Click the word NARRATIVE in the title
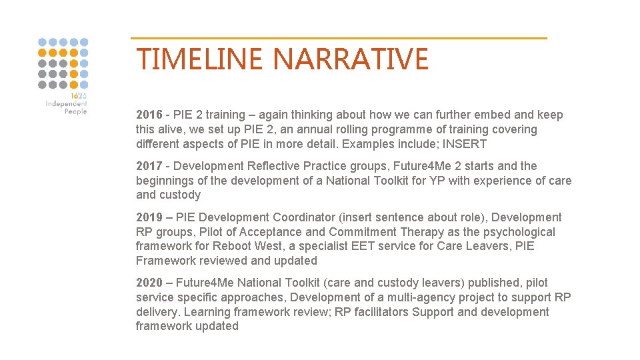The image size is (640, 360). [351, 59]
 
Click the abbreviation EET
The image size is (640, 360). [377, 247]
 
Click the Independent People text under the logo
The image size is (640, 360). [67, 107]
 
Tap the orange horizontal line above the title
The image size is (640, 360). [339, 38]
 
